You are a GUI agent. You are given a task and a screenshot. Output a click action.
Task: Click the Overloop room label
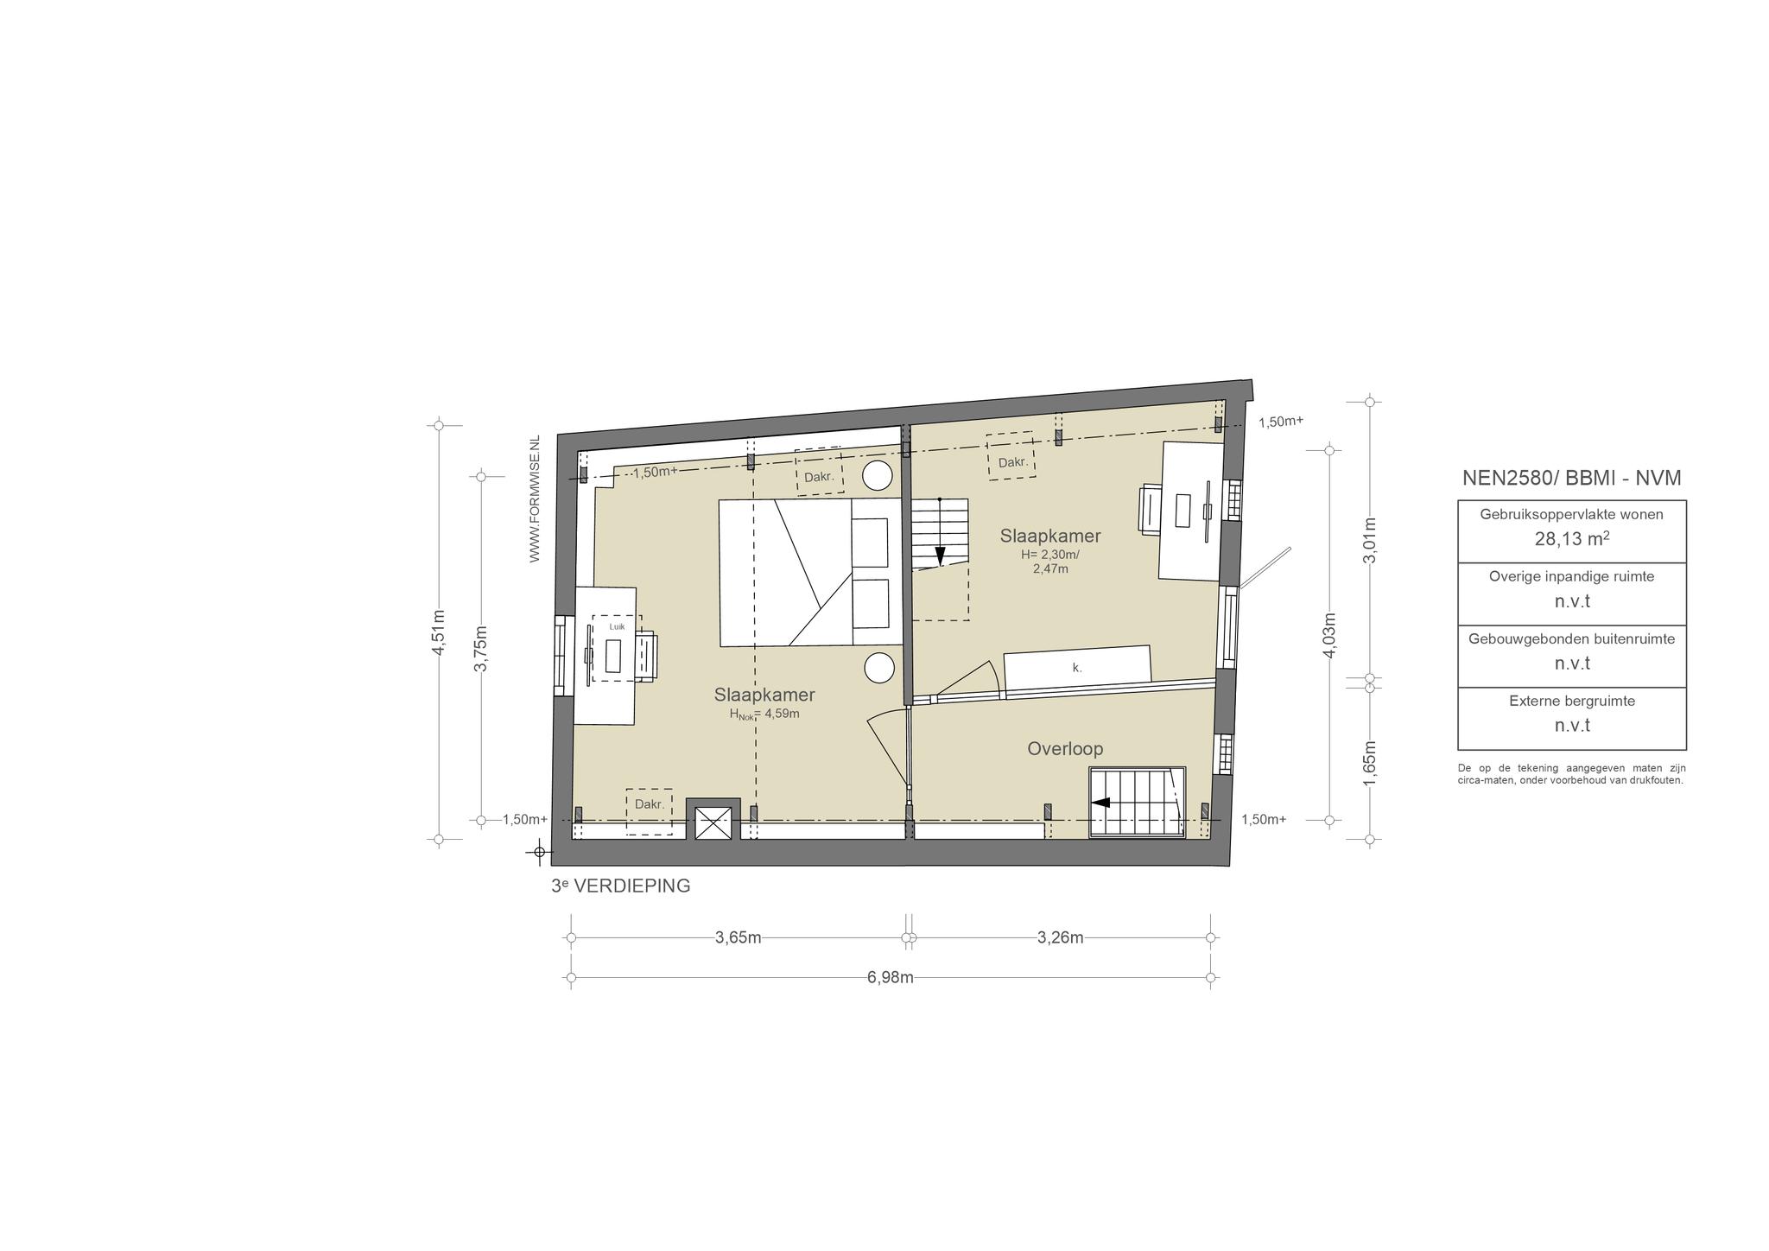[1065, 749]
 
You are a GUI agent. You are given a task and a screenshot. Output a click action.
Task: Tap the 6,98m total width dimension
[890, 977]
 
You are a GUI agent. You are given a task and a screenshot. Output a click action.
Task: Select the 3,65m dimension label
[739, 938]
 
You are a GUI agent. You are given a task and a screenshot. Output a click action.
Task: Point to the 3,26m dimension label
[1061, 938]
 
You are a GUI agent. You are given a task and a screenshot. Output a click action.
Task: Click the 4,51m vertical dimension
[439, 632]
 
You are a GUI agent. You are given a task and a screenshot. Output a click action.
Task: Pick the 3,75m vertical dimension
[482, 648]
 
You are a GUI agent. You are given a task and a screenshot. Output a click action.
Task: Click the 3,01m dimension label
[1369, 540]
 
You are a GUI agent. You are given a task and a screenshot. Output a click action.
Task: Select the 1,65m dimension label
[1369, 764]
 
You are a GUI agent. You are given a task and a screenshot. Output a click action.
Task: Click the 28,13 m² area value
[1572, 540]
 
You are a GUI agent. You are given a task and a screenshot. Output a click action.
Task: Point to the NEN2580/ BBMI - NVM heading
[1572, 478]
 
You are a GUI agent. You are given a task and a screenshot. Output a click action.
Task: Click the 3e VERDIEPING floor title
[621, 886]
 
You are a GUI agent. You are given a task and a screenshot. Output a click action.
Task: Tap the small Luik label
[617, 627]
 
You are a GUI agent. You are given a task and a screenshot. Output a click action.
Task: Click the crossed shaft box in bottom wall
[713, 822]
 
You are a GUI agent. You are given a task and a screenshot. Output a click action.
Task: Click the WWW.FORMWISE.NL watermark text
[535, 499]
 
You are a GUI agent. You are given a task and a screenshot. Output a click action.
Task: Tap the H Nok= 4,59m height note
[764, 714]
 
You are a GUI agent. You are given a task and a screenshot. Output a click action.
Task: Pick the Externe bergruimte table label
[1572, 702]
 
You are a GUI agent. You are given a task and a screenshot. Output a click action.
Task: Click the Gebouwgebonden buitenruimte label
[1572, 639]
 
